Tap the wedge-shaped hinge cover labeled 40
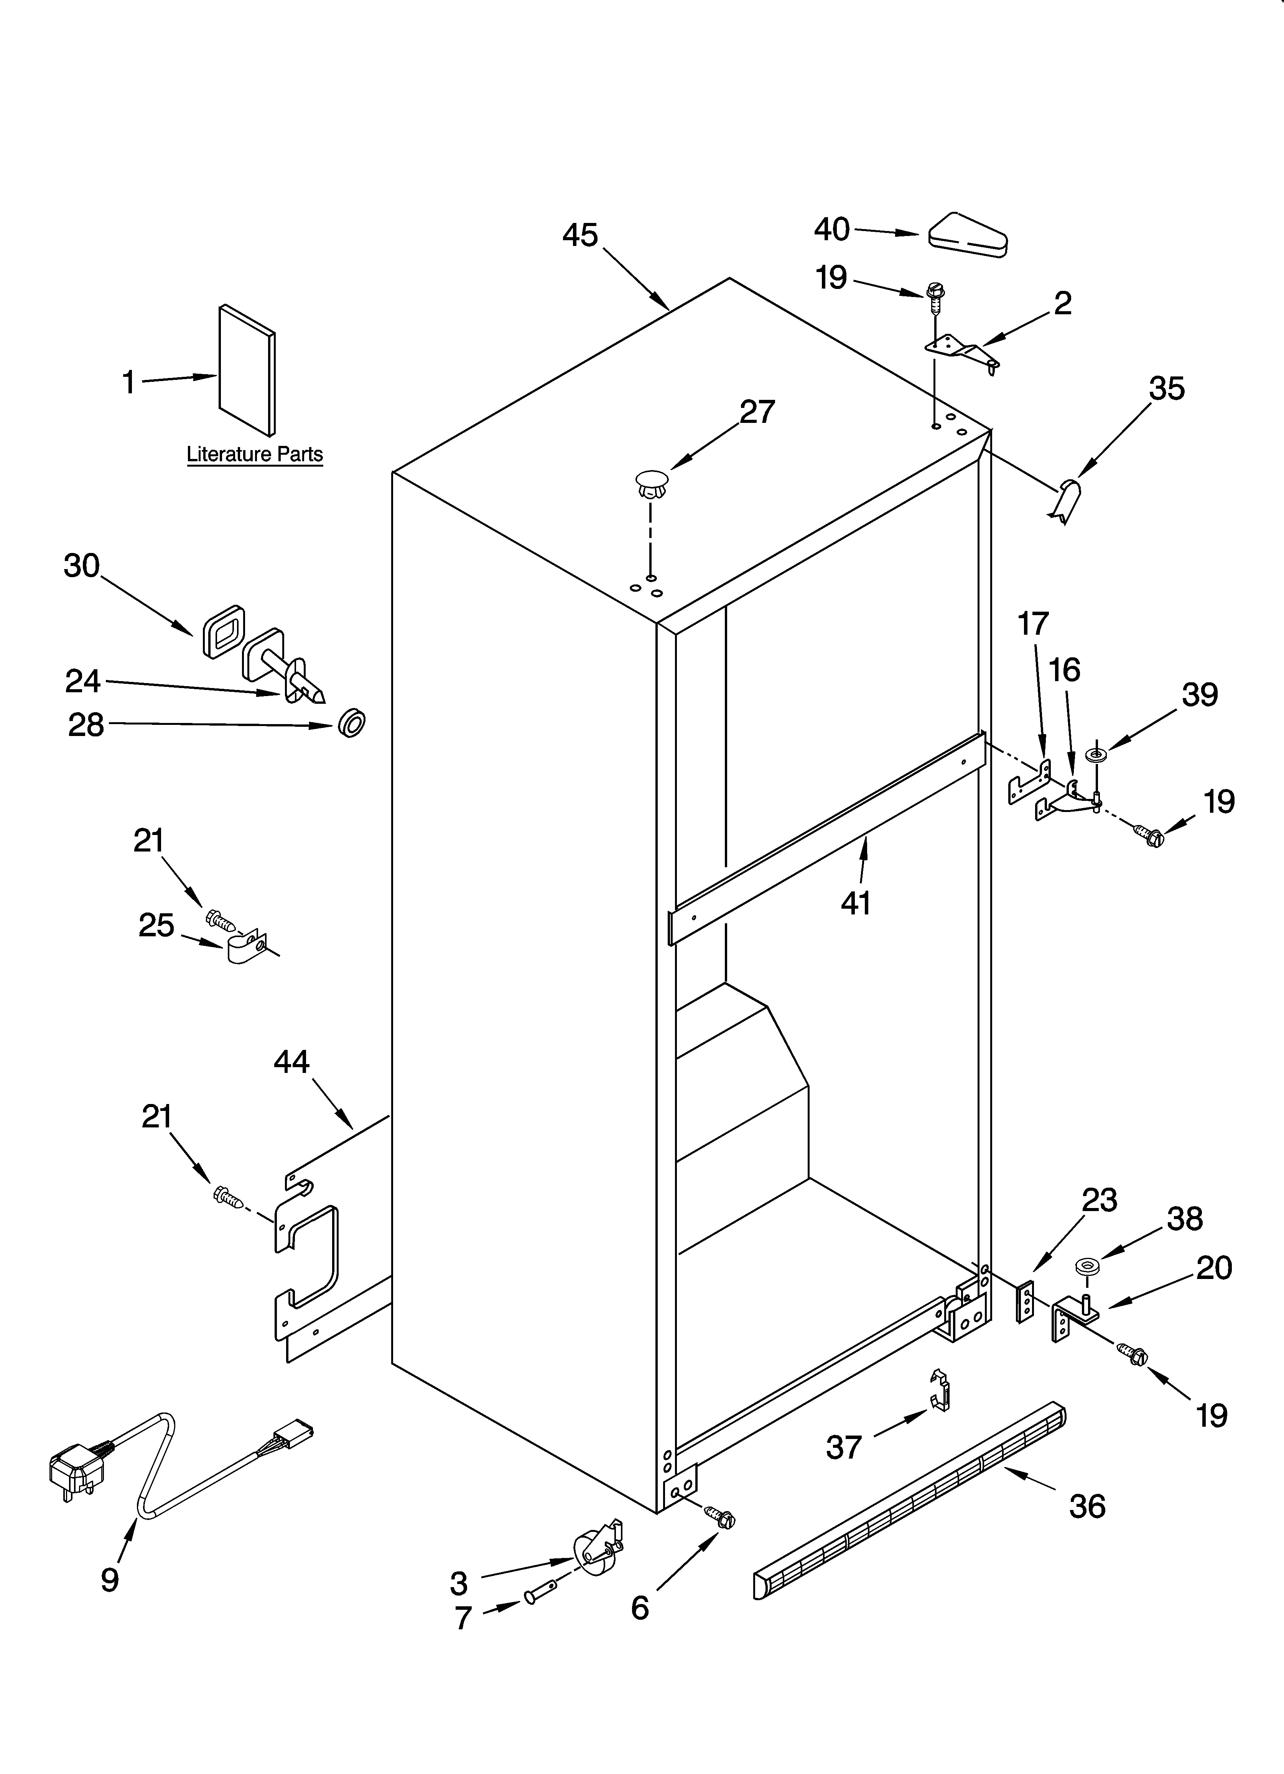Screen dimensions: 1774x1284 point(967,235)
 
